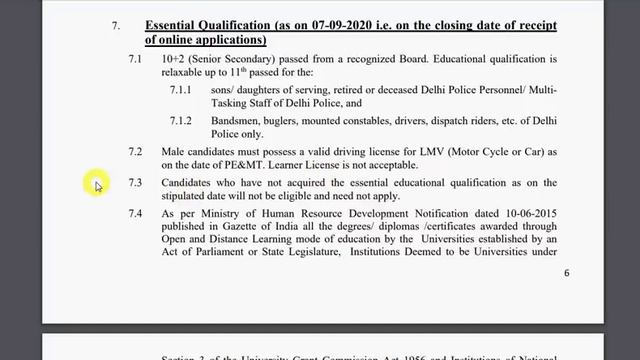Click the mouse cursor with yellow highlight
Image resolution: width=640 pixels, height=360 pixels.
coord(96,185)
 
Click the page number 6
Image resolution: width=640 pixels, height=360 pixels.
coord(567,273)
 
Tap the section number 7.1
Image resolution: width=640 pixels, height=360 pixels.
coord(135,60)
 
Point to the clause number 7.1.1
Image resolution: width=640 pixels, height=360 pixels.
coord(183,90)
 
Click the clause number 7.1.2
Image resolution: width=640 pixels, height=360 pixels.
coord(183,119)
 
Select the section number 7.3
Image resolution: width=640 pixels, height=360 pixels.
coord(135,184)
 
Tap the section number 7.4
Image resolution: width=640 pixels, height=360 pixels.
coord(135,213)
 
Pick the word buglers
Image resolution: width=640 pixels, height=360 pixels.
coord(289,119)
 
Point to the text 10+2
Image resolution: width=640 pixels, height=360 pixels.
coord(173,60)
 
